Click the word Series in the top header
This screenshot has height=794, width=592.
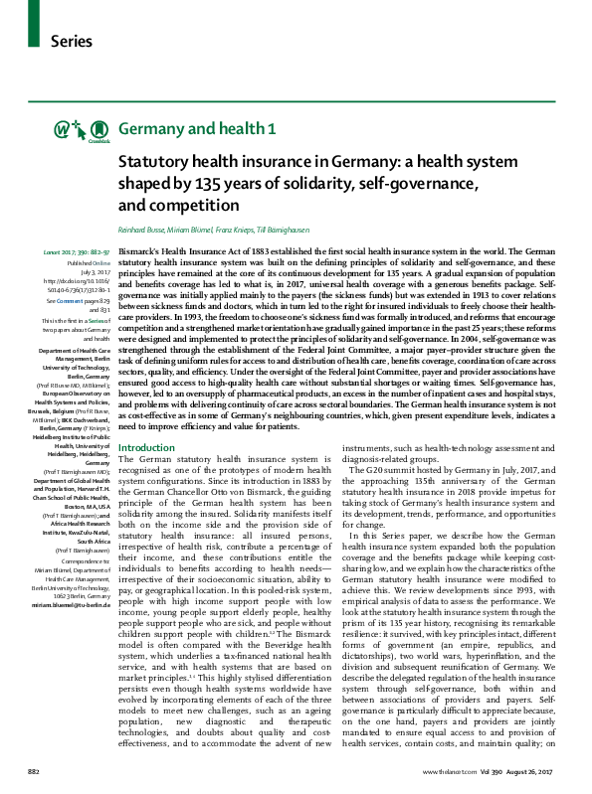tap(72, 42)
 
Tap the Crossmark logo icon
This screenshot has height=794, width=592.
tap(99, 130)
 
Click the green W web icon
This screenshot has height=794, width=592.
tap(62, 129)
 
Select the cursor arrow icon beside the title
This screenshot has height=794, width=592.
tap(81, 129)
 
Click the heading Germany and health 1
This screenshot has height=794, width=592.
tap(197, 129)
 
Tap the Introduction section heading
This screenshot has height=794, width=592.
tap(146, 447)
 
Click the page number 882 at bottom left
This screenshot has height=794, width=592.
tap(33, 771)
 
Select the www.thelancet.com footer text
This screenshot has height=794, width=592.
tap(451, 771)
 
